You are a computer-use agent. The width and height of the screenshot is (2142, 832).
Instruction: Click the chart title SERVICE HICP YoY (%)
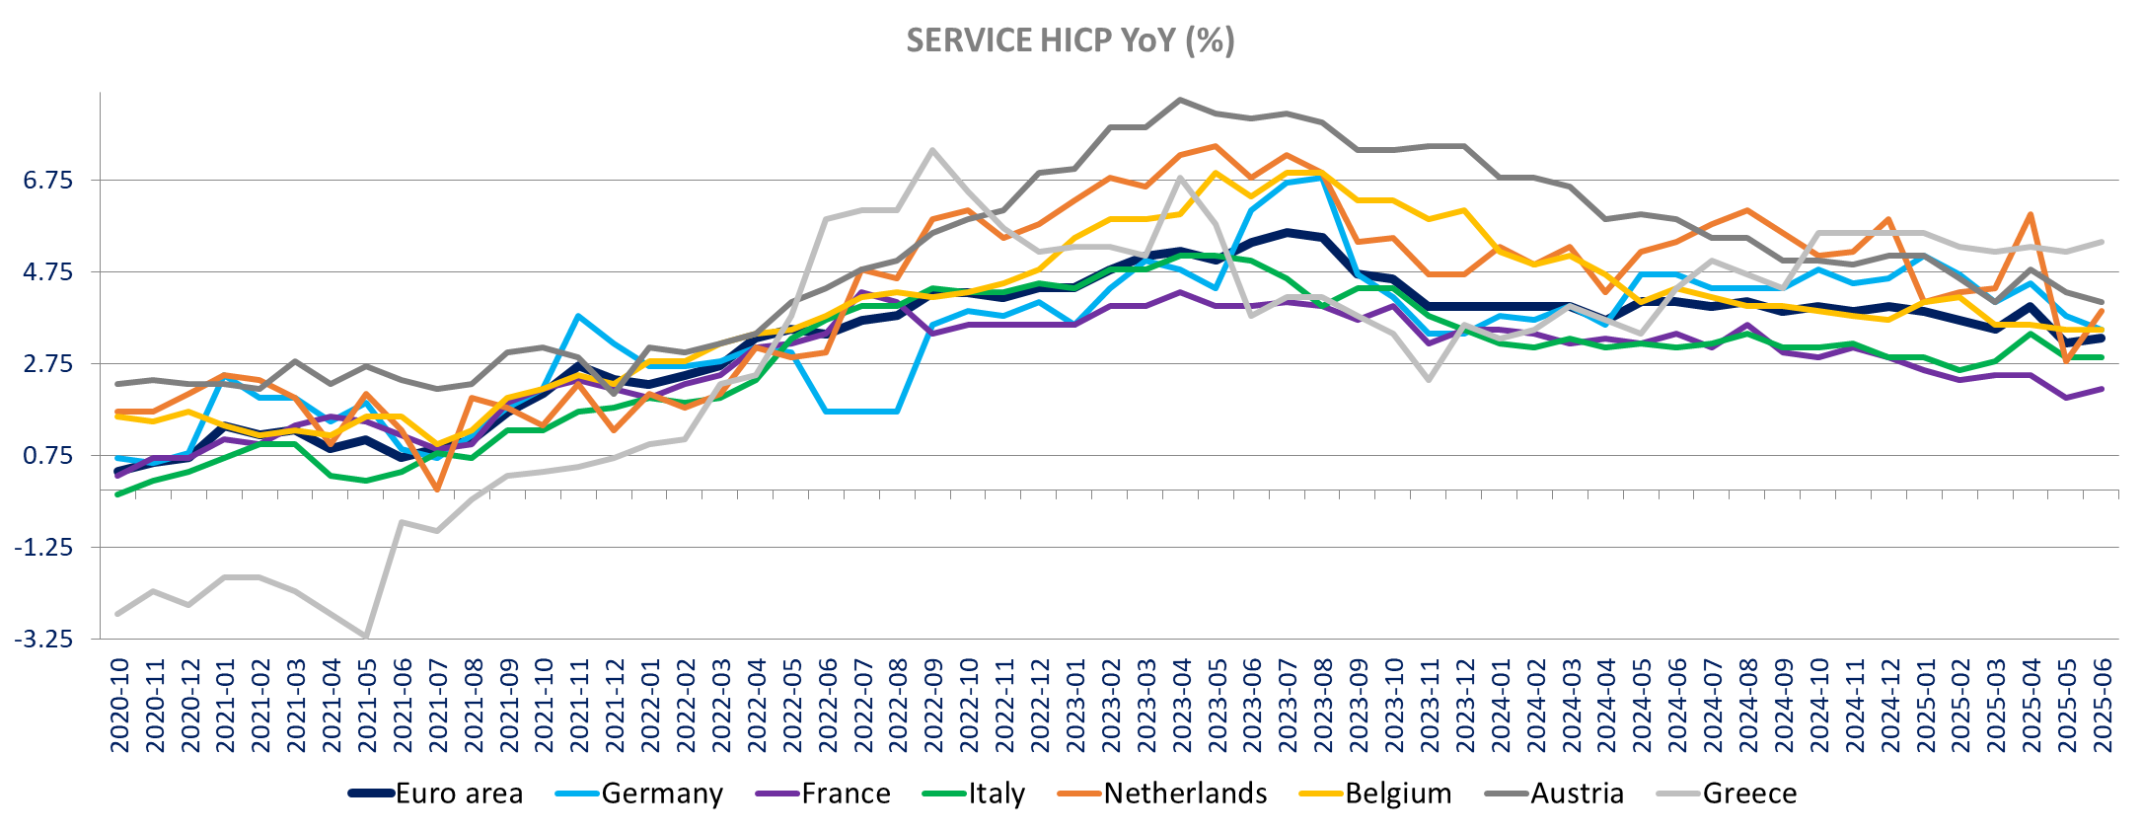point(1071,40)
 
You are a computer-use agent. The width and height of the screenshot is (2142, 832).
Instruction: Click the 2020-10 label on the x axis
point(119,707)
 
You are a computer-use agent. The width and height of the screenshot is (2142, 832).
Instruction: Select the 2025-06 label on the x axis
point(2103,707)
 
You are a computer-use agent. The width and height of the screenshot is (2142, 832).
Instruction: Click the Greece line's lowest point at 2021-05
point(366,637)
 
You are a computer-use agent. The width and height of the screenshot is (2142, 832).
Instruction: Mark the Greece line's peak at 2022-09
point(932,150)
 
